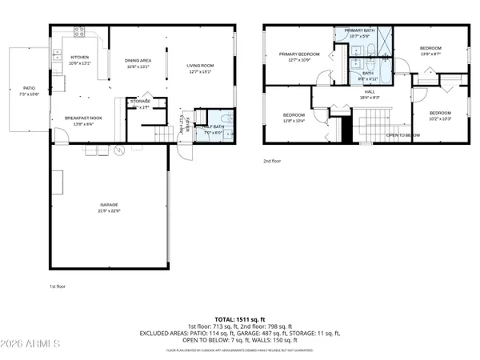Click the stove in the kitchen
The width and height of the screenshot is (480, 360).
click(x=80, y=32)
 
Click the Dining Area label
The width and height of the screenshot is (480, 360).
click(x=138, y=63)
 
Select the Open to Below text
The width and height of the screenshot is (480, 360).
click(x=403, y=135)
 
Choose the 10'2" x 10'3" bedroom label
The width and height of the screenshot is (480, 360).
click(x=439, y=115)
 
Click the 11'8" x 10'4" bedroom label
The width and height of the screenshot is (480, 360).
click(x=294, y=117)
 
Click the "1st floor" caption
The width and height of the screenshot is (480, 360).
click(x=58, y=285)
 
